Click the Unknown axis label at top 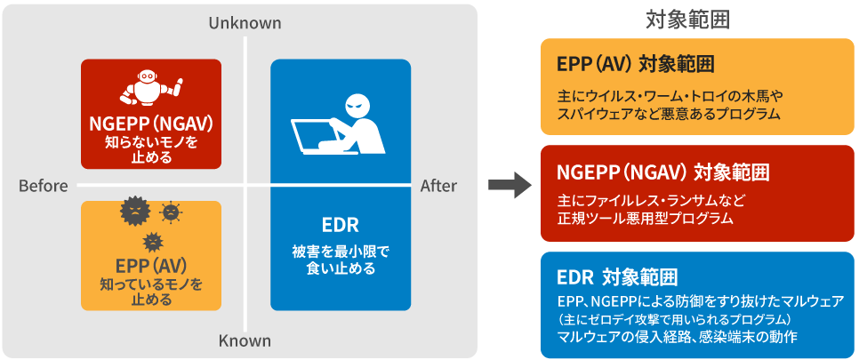click(245, 22)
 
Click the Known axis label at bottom click(245, 340)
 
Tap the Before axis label click(43, 186)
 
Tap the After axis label click(438, 186)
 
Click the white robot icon click(150, 87)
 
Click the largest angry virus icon click(134, 212)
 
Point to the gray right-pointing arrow click(509, 186)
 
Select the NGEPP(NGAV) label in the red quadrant click(150, 123)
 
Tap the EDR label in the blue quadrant click(340, 223)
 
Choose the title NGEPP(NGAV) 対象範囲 click(662, 172)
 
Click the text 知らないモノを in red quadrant click(150, 141)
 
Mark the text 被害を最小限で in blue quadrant click(340, 251)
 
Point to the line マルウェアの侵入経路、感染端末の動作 click(677, 337)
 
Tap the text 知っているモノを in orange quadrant click(150, 284)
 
